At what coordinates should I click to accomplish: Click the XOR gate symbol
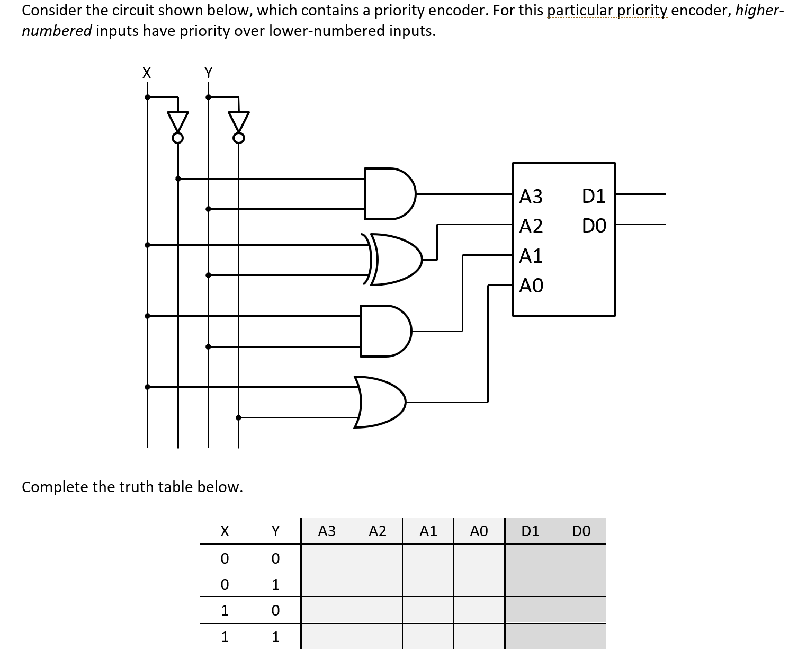pos(394,260)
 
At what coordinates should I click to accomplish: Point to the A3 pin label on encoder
pos(531,197)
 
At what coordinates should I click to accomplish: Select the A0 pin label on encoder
pos(531,286)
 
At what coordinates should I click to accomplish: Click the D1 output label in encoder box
pos(594,197)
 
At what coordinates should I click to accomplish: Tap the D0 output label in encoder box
pos(594,227)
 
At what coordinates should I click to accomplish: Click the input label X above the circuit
pos(147,73)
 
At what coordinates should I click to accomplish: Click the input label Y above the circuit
pos(208,73)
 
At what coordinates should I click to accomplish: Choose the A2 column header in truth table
pos(377,531)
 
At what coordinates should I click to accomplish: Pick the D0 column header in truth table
pos(581,531)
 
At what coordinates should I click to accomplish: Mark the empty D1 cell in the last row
pos(530,636)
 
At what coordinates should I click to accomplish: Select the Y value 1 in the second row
pos(275,584)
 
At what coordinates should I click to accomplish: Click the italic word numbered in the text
pos(57,31)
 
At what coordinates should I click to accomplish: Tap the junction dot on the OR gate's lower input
pos(238,417)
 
